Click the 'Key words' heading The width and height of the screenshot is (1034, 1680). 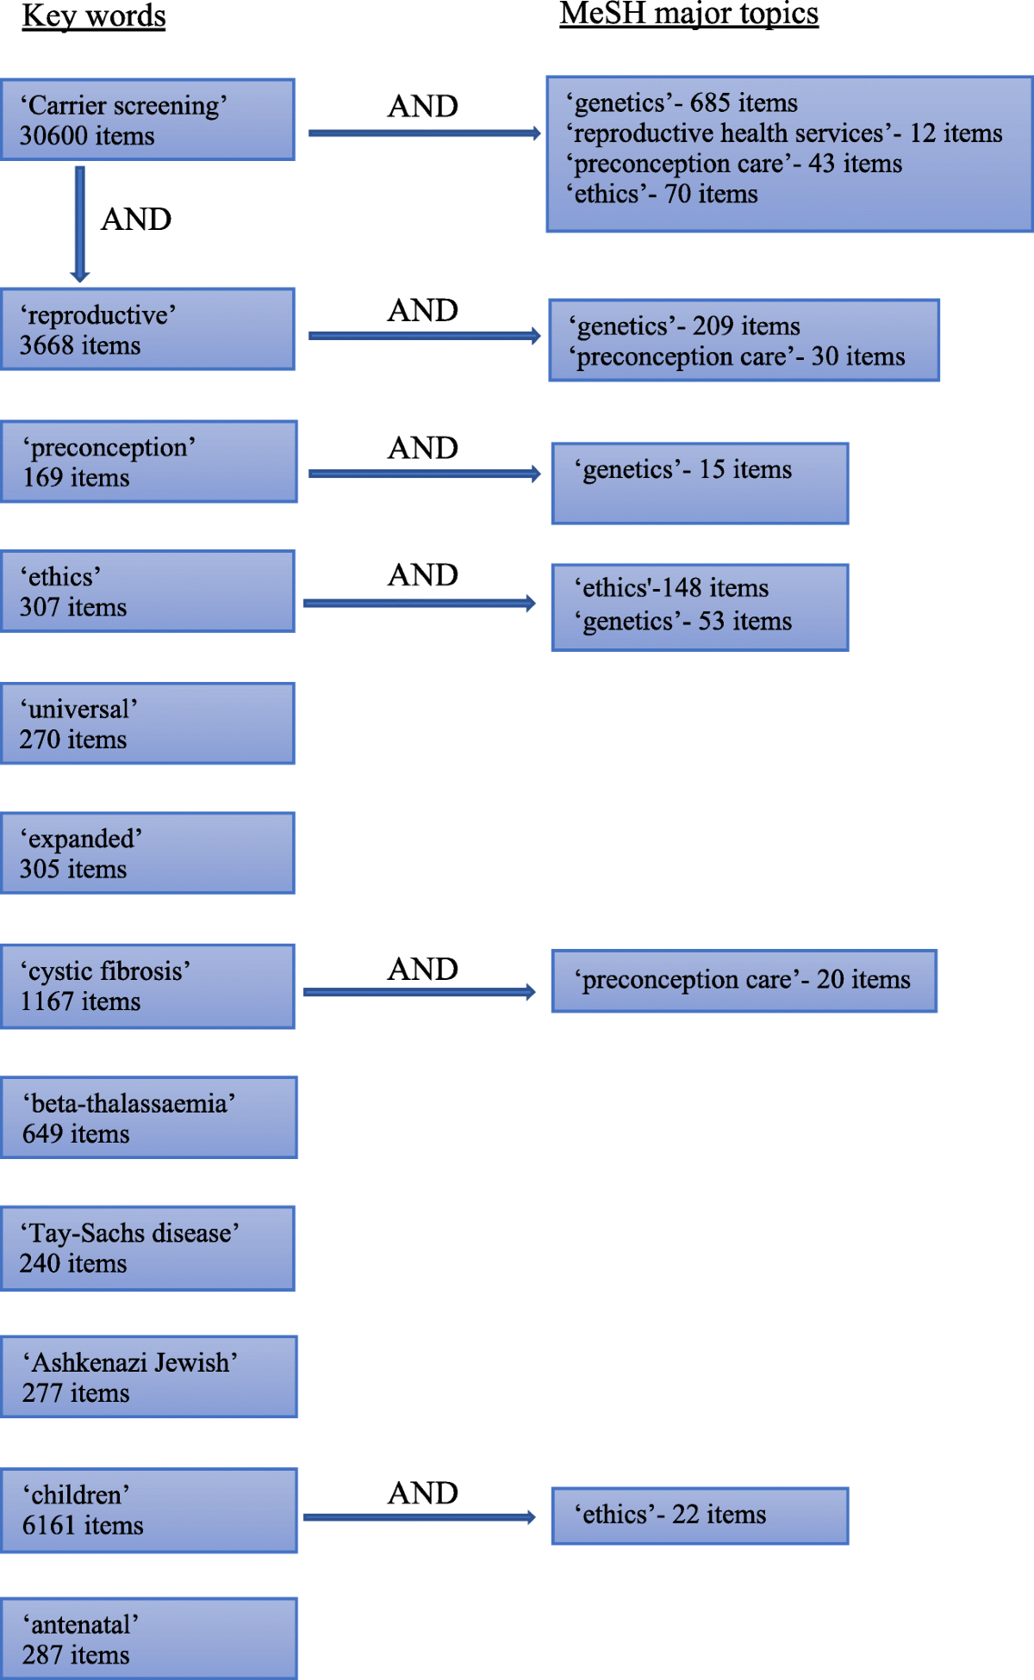click(94, 16)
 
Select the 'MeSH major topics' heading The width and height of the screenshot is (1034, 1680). click(689, 15)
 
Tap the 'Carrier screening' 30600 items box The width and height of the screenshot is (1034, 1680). click(148, 120)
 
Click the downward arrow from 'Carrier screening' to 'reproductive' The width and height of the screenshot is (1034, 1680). click(80, 224)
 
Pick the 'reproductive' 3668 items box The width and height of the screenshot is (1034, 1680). click(148, 329)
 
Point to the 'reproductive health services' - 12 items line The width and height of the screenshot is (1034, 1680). click(784, 133)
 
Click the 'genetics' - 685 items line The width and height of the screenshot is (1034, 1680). click(682, 103)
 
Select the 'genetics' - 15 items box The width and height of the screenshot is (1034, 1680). click(700, 483)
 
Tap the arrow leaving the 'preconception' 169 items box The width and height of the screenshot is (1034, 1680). click(425, 474)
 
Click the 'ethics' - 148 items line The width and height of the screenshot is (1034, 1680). click(671, 588)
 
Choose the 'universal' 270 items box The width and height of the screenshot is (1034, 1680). click(148, 723)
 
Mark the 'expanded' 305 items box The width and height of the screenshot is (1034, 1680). click(148, 852)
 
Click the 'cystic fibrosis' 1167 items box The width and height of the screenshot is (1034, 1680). click(148, 986)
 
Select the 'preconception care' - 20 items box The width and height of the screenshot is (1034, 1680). click(744, 981)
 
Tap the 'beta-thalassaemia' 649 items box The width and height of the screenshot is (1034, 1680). click(149, 1117)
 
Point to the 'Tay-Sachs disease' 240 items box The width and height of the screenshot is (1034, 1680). click(148, 1248)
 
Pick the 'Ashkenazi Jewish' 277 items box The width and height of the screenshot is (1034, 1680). click(149, 1376)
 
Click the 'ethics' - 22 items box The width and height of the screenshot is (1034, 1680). click(700, 1516)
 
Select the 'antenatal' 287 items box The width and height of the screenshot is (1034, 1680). click(149, 1639)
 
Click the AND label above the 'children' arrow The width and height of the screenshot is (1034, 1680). click(423, 1493)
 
